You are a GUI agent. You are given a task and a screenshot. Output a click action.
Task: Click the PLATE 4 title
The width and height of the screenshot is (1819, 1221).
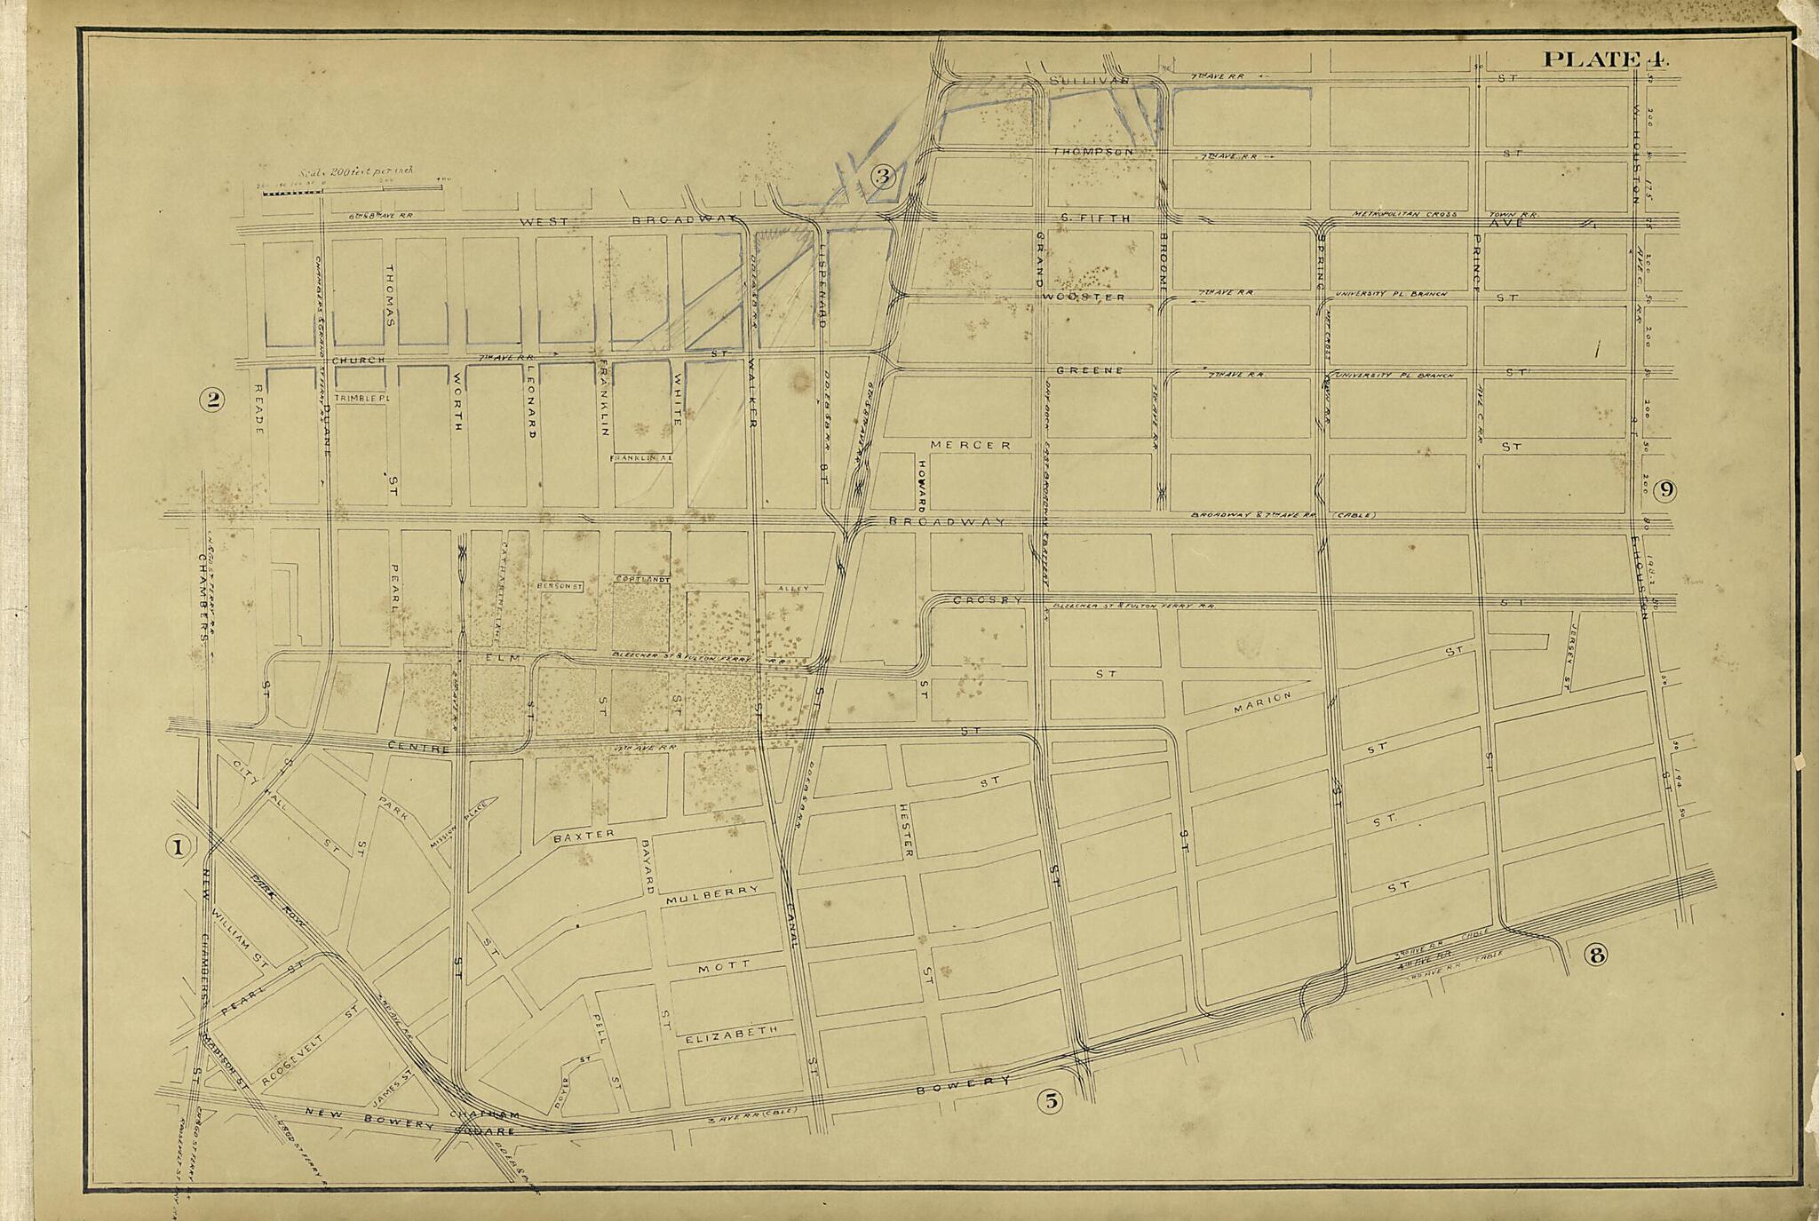[x=1606, y=59]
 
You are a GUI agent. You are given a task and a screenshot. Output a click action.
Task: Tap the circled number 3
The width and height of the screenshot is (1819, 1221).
[x=882, y=176]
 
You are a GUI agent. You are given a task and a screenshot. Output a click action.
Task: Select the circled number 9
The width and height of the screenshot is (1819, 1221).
[x=1664, y=489]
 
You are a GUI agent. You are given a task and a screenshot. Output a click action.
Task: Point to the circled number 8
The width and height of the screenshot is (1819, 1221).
[x=1596, y=955]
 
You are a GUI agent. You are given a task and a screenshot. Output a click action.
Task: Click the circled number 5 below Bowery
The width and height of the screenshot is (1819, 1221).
[x=1050, y=1102]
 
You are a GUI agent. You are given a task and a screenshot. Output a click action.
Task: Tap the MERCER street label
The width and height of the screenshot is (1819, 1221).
[x=970, y=444]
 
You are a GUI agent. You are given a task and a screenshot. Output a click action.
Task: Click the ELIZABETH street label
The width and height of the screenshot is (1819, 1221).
[x=732, y=1033]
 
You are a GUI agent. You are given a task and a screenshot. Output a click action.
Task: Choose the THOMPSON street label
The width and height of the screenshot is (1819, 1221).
[x=1093, y=152]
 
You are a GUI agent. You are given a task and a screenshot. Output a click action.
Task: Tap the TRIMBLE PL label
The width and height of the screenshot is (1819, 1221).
[x=361, y=399]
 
